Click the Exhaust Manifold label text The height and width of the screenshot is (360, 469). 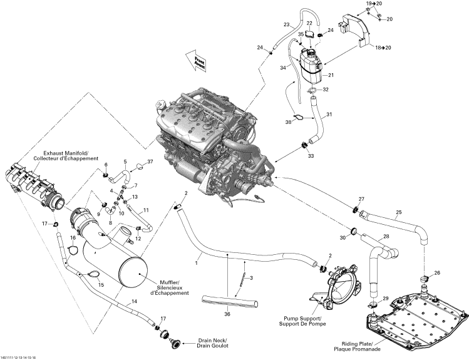[x=70, y=156]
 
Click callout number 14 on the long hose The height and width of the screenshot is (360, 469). [x=133, y=301]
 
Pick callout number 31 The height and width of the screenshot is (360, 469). [x=330, y=114]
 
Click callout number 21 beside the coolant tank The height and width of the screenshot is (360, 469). [x=331, y=75]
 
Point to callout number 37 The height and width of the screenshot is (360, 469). [x=150, y=162]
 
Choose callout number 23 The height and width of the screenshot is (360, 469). [x=286, y=24]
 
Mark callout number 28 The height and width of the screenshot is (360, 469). [x=386, y=236]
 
